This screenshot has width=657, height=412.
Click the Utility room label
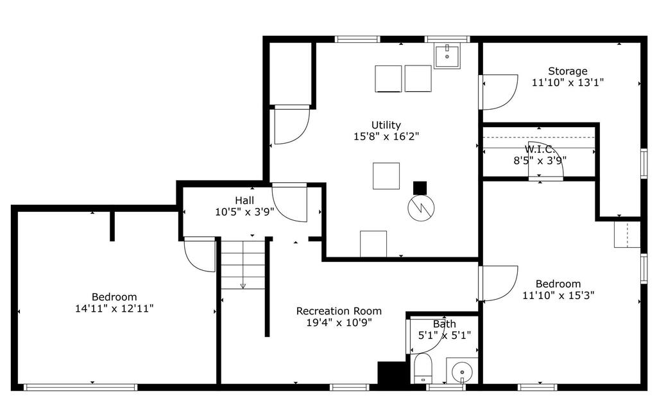click(386, 125)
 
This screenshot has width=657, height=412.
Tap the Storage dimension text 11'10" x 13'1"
click(568, 83)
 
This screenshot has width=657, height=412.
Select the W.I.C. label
click(540, 149)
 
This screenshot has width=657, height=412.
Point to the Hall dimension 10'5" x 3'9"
click(244, 212)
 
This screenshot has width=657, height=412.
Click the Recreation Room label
click(339, 311)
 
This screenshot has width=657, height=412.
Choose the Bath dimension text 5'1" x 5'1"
click(445, 335)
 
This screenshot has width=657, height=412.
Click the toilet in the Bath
click(422, 368)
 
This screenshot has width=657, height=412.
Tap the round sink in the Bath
click(462, 370)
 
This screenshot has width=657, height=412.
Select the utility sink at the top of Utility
click(447, 56)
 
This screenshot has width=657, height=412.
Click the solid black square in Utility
click(420, 188)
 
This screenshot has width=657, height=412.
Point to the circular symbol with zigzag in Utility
click(421, 207)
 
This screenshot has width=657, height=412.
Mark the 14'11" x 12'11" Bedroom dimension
click(114, 309)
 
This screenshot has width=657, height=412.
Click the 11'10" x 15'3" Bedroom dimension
click(558, 295)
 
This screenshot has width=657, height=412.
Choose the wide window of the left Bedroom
click(80, 387)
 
